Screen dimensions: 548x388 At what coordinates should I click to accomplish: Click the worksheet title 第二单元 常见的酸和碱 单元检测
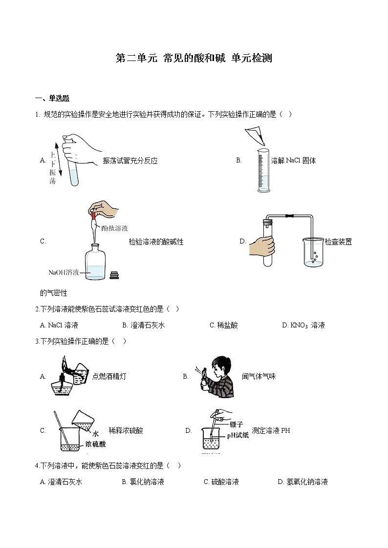[194, 59]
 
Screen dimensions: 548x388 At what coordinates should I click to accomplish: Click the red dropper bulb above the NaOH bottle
[93, 214]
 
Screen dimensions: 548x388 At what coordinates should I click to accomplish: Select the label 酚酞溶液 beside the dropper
[115, 228]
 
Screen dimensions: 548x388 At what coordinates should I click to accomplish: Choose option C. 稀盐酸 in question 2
[224, 325]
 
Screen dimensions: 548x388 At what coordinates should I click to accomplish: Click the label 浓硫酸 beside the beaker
[95, 444]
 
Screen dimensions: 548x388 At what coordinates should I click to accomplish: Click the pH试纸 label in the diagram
[237, 435]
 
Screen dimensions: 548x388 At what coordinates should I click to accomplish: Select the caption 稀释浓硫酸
[126, 431]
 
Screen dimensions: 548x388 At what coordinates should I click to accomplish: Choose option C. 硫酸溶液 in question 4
[221, 482]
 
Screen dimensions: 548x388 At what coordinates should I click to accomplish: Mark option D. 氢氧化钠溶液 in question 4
[302, 482]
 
